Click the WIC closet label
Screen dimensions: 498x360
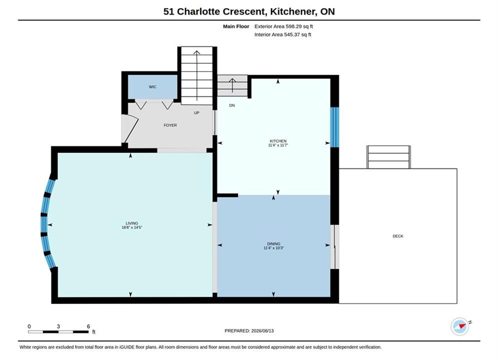pyautogui.click(x=153, y=87)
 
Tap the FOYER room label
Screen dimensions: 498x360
pyautogui.click(x=170, y=125)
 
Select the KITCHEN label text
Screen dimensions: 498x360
pyautogui.click(x=278, y=141)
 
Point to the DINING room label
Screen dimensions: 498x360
pyautogui.click(x=274, y=244)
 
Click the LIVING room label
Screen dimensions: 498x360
pyautogui.click(x=132, y=223)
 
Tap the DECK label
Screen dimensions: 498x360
pyautogui.click(x=398, y=236)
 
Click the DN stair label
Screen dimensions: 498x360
pyautogui.click(x=232, y=105)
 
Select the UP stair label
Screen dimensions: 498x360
pyautogui.click(x=197, y=113)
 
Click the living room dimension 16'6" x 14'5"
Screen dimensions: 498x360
pyautogui.click(x=132, y=227)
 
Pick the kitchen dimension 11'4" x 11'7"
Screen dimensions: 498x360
pyautogui.click(x=278, y=145)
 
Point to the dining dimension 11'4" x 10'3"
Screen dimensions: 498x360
pyautogui.click(x=274, y=248)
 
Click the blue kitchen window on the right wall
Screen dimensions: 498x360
pyautogui.click(x=335, y=127)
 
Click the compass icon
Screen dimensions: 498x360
pyautogui.click(x=460, y=326)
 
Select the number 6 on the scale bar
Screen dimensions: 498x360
pyautogui.click(x=88, y=326)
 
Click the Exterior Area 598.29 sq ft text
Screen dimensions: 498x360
pyautogui.click(x=284, y=26)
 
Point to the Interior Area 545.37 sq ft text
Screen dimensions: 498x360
pyautogui.click(x=283, y=34)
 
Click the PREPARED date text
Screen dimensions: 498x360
pyautogui.click(x=249, y=331)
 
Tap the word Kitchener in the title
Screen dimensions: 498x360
pyautogui.click(x=293, y=11)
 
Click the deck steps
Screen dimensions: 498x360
pyautogui.click(x=388, y=157)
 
